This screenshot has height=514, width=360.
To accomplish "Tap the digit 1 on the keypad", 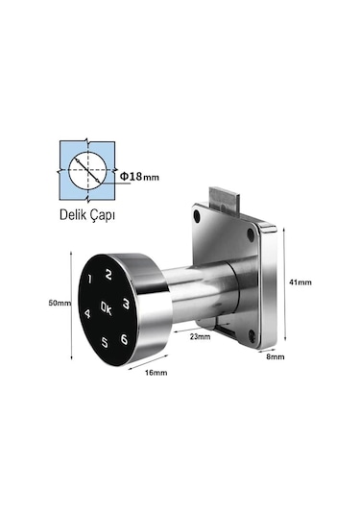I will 90,281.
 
